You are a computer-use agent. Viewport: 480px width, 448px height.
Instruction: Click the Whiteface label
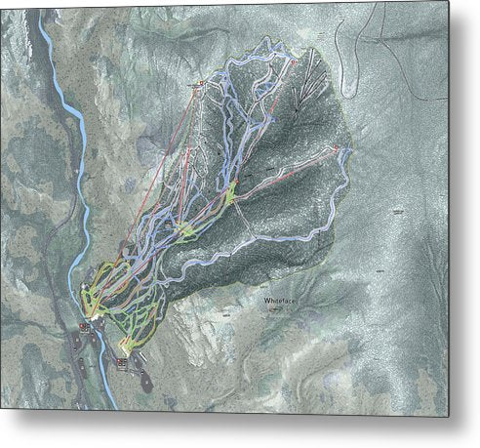point(277,302)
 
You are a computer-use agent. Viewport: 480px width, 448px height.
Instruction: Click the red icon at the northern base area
point(84,329)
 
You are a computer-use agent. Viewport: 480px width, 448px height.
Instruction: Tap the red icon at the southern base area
point(121,362)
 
